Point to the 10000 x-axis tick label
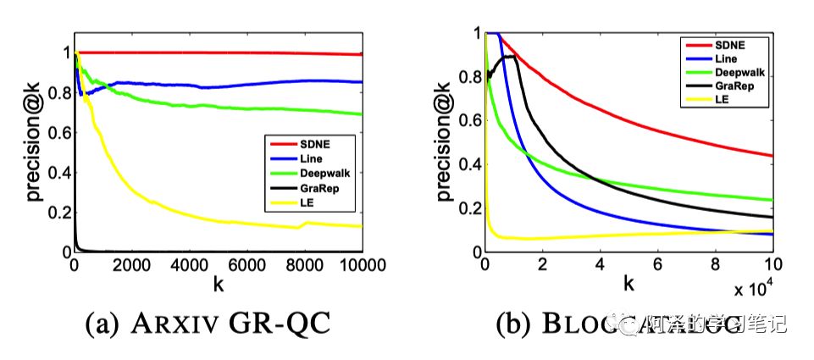362,265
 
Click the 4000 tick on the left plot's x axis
190,265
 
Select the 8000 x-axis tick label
305,265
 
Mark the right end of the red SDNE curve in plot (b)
772,155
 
